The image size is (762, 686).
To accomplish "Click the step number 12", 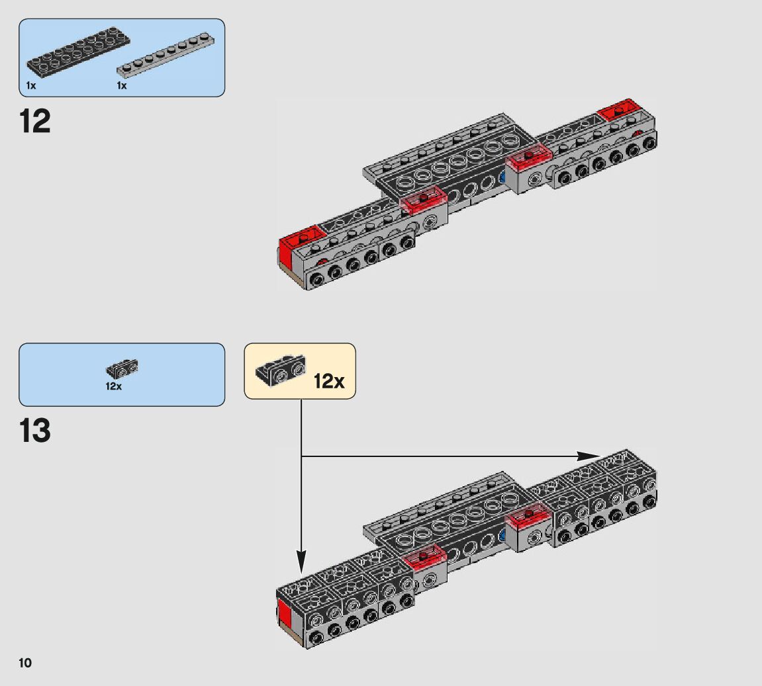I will pyautogui.click(x=35, y=122).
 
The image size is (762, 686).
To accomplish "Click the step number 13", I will pyautogui.click(x=35, y=431).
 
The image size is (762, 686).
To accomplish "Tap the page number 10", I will pyautogui.click(x=25, y=663).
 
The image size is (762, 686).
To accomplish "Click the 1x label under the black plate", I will pyautogui.click(x=31, y=86).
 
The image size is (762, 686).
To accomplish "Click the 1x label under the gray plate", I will pyautogui.click(x=122, y=86).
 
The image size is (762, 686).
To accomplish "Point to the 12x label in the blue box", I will pyautogui.click(x=113, y=386).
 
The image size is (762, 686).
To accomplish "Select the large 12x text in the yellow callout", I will pyautogui.click(x=329, y=381).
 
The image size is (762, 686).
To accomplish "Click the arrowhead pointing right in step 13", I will pyautogui.click(x=587, y=456).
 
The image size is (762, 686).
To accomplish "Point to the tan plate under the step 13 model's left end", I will pyautogui.click(x=291, y=634).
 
